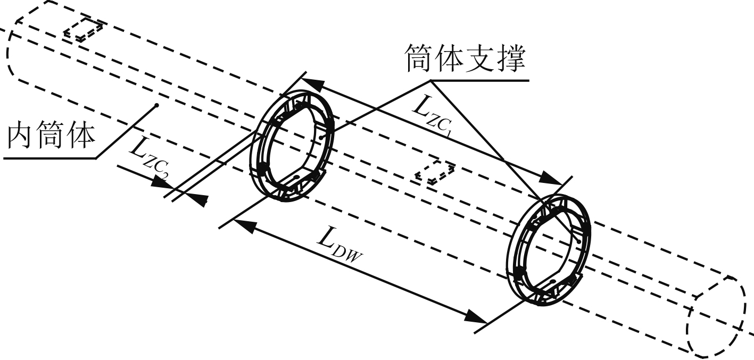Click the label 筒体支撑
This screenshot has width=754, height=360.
click(465, 60)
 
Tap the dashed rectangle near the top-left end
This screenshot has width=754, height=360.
click(82, 30)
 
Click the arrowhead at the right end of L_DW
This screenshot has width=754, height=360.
click(476, 316)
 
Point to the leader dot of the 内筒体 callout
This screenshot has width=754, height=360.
click(158, 105)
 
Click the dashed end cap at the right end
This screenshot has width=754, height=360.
click(716, 316)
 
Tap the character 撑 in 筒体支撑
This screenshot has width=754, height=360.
click(511, 60)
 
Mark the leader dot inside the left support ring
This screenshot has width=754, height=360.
click(324, 137)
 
